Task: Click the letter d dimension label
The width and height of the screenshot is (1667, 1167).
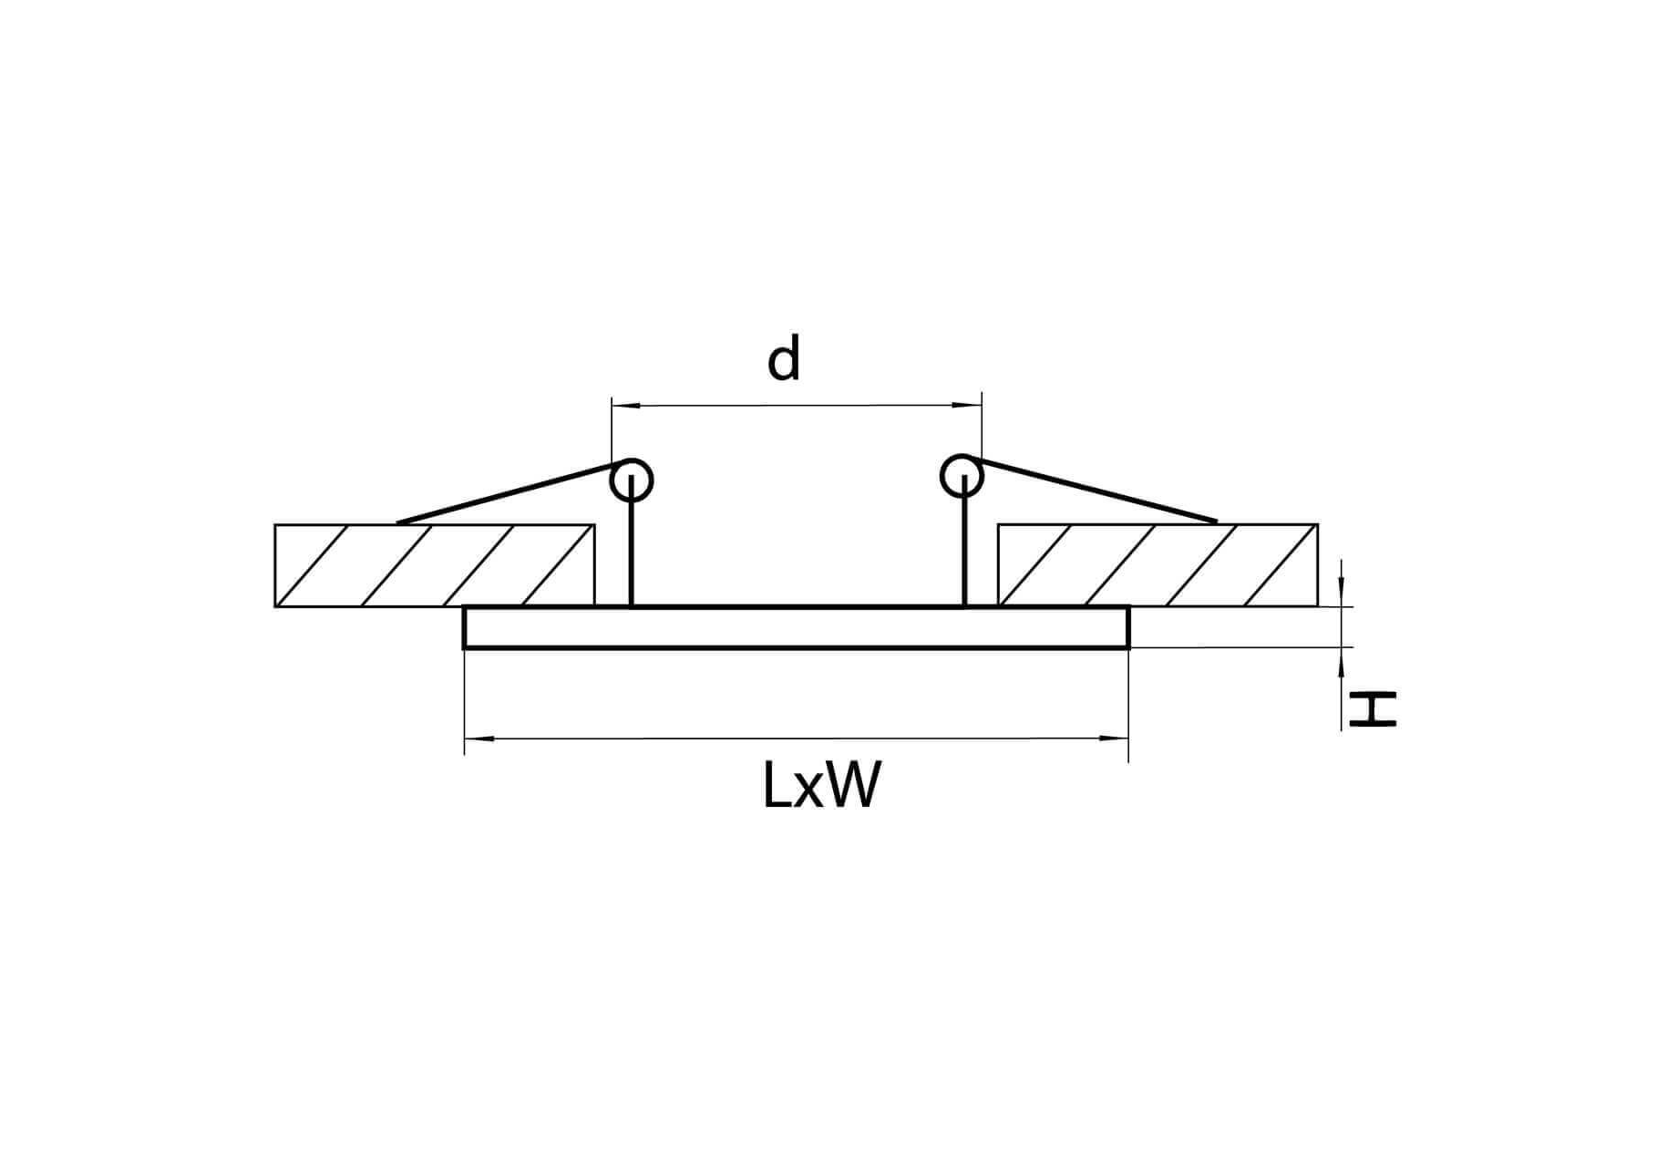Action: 783,358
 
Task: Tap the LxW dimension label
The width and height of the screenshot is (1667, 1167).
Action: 822,785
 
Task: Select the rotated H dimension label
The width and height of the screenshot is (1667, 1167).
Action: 1374,708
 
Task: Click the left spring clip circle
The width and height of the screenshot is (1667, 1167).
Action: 631,480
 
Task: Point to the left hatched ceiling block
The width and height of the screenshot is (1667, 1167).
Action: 435,565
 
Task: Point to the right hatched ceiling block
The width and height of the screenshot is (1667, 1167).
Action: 1158,565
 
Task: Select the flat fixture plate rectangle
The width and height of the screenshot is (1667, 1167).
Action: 797,627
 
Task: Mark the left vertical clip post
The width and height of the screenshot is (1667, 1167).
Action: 631,542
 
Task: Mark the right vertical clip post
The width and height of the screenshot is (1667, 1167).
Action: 963,541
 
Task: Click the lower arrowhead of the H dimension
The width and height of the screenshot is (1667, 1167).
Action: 1342,662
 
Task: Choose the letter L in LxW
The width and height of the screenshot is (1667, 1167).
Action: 777,785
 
